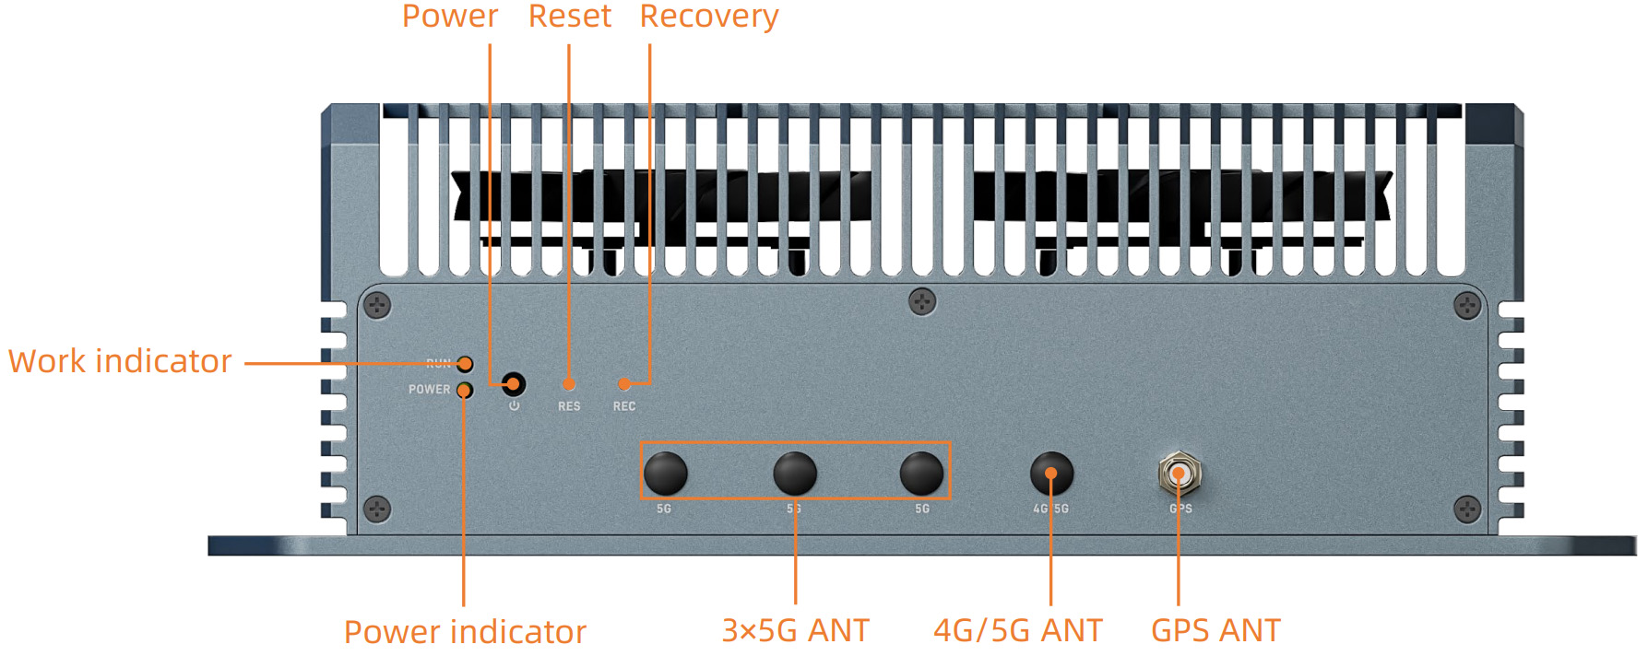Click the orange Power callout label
(449, 17)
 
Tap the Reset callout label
(569, 17)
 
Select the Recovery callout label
(708, 17)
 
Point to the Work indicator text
(120, 361)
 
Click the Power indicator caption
(465, 632)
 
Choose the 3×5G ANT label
(795, 631)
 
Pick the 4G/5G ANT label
(1017, 631)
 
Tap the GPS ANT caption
(1215, 631)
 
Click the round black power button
(514, 383)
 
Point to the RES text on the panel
(569, 406)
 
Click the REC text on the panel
(624, 406)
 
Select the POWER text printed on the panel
(430, 390)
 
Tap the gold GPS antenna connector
(1179, 474)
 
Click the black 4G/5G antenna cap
(1051, 474)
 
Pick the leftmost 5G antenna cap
(665, 474)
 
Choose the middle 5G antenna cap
(794, 474)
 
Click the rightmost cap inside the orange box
(921, 474)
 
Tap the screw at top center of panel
(922, 301)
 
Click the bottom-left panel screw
(377, 509)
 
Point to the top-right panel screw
(1467, 305)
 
